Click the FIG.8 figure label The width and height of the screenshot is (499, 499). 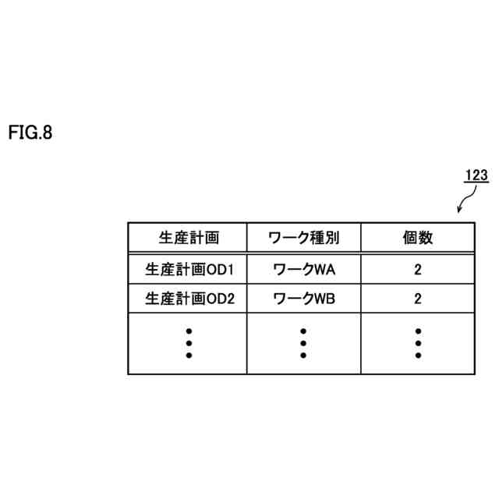(x=30, y=133)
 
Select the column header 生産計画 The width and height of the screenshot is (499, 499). (x=187, y=238)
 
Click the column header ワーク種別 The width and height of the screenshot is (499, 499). (x=303, y=238)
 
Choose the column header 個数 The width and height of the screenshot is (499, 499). (x=418, y=238)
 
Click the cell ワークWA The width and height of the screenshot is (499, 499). (x=304, y=270)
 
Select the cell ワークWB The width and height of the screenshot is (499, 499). (x=304, y=297)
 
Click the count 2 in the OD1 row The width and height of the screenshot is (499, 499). (x=418, y=270)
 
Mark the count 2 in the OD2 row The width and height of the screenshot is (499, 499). (x=418, y=297)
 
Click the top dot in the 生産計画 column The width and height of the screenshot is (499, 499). (x=188, y=331)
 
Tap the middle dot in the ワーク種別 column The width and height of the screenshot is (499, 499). (x=303, y=343)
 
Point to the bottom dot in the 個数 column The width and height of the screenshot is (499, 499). (x=418, y=356)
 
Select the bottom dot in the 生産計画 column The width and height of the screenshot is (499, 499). (x=188, y=356)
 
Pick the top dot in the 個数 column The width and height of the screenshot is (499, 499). (x=418, y=331)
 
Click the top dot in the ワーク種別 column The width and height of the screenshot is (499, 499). (x=303, y=331)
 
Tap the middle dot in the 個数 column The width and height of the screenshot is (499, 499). (x=418, y=343)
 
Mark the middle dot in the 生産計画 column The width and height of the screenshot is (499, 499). (x=188, y=343)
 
